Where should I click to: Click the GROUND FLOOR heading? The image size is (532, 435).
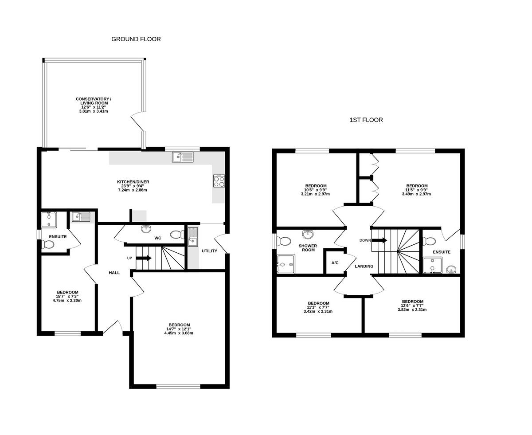pos(136,39)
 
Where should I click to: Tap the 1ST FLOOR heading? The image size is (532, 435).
pos(366,120)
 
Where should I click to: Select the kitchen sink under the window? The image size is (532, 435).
pos(183,157)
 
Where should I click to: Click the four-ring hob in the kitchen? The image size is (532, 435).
pos(219,181)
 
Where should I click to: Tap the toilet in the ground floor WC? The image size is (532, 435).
pos(177,234)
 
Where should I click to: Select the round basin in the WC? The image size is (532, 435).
pos(146,229)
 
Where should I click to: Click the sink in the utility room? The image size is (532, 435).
pos(193,236)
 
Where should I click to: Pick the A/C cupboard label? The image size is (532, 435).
pos(335,263)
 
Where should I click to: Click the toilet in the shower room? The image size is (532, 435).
pos(283,241)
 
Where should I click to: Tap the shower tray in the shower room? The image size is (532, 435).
pos(286,264)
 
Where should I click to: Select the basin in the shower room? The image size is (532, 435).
pos(308,234)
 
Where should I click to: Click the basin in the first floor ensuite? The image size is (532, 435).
pos(451,269)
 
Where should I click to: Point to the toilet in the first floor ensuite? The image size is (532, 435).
pos(429,241)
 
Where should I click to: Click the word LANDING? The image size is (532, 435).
pos(364,266)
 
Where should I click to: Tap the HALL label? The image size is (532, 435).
pos(114,273)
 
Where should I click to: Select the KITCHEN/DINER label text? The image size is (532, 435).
pos(133,182)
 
